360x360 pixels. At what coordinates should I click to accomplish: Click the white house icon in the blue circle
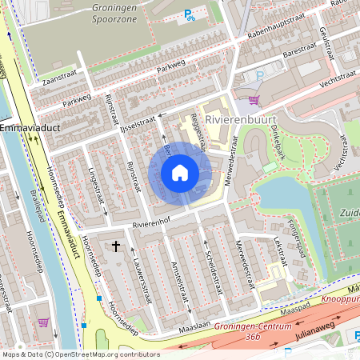(x=180, y=172)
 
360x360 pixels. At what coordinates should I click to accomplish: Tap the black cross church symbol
(x=117, y=246)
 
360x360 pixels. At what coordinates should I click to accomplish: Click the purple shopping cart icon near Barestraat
(x=254, y=100)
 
